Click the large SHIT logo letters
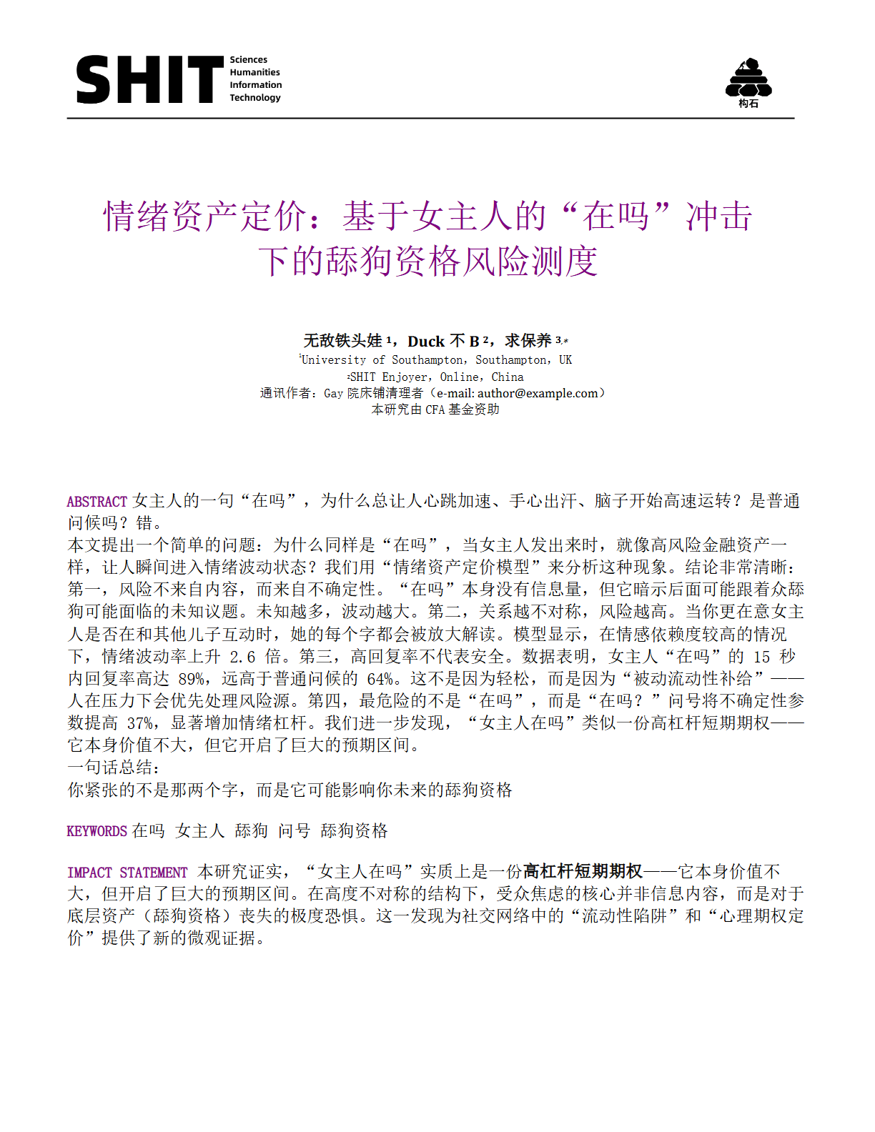pyautogui.click(x=149, y=79)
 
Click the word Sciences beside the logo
pyautogui.click(x=248, y=60)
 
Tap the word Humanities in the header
pyautogui.click(x=254, y=72)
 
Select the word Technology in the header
pyautogui.click(x=254, y=97)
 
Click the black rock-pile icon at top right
pyautogui.click(x=748, y=79)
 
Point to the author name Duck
pyautogui.click(x=426, y=342)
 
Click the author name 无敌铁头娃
pyautogui.click(x=343, y=341)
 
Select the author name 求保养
pyautogui.click(x=528, y=341)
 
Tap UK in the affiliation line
pyautogui.click(x=565, y=360)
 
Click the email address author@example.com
pyautogui.click(x=537, y=393)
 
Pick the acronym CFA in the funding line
pyautogui.click(x=435, y=409)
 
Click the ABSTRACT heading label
pyautogui.click(x=97, y=502)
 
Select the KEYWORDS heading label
pyautogui.click(x=97, y=831)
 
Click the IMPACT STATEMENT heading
pyautogui.click(x=127, y=873)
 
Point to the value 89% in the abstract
pyautogui.click(x=192, y=679)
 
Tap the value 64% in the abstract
pyautogui.click(x=380, y=679)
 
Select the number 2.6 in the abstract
pyautogui.click(x=242, y=657)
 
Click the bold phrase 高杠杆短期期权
pyautogui.click(x=583, y=872)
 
